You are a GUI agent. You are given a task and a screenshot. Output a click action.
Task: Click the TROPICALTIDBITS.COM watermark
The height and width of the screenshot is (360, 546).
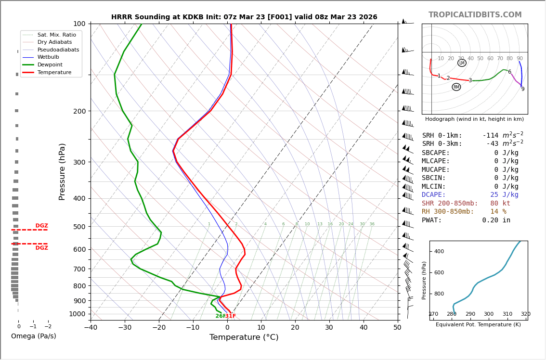tap(475, 15)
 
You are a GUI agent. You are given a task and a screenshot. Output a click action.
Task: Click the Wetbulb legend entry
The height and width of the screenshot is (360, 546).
tap(48, 57)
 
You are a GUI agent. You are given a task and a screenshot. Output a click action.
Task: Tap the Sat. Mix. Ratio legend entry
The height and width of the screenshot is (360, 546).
tap(56, 35)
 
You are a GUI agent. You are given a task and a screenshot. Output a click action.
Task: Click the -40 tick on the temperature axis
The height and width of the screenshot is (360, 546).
tap(91, 328)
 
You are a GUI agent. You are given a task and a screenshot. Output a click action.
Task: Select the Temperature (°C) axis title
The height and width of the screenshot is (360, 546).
tap(244, 337)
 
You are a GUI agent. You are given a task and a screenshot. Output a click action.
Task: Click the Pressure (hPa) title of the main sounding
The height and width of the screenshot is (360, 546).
tap(62, 171)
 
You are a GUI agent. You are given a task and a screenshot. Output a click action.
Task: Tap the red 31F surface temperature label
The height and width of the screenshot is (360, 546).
tap(231, 316)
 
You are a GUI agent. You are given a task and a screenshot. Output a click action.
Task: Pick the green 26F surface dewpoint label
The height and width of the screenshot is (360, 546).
tap(220, 316)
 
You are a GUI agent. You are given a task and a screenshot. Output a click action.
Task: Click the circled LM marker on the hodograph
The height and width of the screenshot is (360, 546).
tap(462, 63)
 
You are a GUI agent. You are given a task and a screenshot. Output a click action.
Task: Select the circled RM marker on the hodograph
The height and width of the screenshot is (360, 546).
tap(456, 87)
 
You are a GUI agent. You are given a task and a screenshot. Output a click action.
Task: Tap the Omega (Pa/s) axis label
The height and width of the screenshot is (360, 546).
tap(33, 336)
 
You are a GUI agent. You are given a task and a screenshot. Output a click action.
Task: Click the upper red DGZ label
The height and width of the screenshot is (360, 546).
tap(42, 226)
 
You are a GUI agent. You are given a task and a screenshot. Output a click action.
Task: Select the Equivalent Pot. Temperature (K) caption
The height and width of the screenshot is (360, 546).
tap(478, 325)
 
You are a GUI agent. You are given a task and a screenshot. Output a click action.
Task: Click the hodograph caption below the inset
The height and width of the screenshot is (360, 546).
tap(474, 119)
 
